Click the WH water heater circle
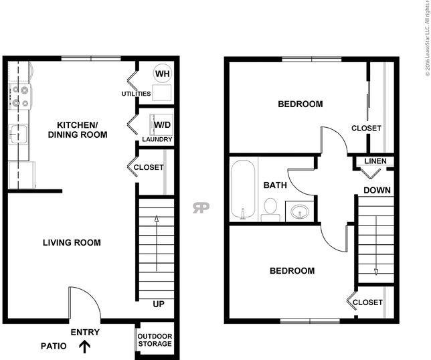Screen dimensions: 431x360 (x=163, y=74)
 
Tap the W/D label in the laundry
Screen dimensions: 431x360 (x=162, y=124)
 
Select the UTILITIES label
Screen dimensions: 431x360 (x=136, y=94)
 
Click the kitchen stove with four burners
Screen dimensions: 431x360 (x=20, y=96)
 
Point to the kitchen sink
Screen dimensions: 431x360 (x=18, y=134)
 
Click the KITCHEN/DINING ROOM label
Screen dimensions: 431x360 (x=78, y=130)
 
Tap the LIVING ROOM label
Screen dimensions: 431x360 (x=72, y=243)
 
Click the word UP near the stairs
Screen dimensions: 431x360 (x=159, y=304)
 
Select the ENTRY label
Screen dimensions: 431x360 (x=85, y=333)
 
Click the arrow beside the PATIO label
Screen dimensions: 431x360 (x=84, y=347)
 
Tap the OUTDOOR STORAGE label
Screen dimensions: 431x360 (x=155, y=340)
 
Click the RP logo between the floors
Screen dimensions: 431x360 (x=201, y=207)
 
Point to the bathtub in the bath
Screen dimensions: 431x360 (x=243, y=189)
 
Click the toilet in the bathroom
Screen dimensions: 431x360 (x=270, y=209)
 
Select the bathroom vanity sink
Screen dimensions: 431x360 (x=300, y=211)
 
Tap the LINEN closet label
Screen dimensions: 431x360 (x=375, y=161)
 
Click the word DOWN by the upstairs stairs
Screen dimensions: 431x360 (x=377, y=190)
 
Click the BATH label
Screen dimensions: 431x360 (x=275, y=185)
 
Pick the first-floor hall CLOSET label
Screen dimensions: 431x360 (x=149, y=167)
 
